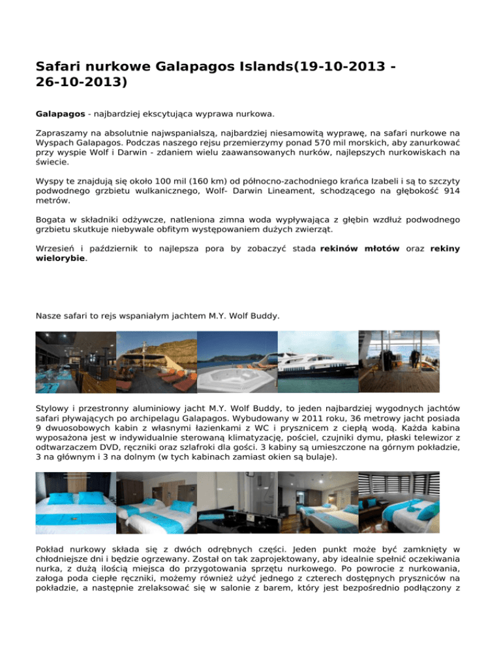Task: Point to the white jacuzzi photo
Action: pos(237,362)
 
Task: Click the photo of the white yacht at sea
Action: pos(318,362)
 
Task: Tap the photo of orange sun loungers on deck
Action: pos(157,362)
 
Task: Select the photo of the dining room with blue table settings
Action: pos(76,362)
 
